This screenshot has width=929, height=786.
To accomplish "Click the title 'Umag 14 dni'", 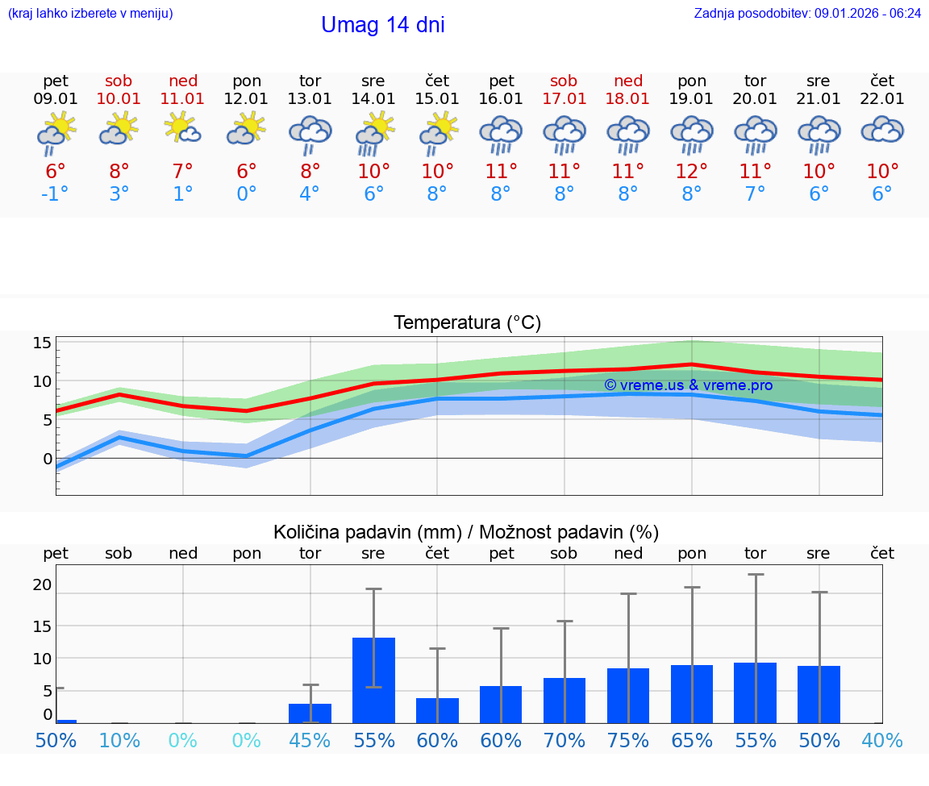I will coord(382,25).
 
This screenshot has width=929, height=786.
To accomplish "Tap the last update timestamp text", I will coord(807,14).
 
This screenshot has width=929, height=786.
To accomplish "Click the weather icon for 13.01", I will coord(310,134).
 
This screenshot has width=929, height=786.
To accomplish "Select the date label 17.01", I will coord(564,99).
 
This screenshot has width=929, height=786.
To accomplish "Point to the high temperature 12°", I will coord(691,171).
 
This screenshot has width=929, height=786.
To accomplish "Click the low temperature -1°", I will coord(56,194).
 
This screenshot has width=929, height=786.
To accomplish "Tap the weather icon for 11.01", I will coord(183,129).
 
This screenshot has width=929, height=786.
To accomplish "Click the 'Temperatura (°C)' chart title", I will coord(467,323).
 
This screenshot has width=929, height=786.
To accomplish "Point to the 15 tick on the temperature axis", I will coord(42,343).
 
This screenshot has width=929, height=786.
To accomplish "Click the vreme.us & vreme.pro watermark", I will coord(688,385).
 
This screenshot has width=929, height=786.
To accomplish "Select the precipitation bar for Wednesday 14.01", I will coord(373,680).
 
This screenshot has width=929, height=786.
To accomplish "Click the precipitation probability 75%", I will coord(627,741).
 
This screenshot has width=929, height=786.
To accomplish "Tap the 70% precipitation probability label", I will coord(564,741).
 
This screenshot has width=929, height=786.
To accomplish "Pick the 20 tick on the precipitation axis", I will coord(42,584).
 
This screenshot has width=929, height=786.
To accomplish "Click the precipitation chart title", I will coord(465,532).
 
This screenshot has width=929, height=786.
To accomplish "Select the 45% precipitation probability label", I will coord(310,741).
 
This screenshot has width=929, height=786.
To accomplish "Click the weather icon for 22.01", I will coord(882,131).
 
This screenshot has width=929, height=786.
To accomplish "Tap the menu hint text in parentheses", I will coord(90,14).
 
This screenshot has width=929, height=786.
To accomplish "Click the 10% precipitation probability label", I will coord(119,741).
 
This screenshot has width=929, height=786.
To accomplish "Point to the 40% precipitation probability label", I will coord(881,741).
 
